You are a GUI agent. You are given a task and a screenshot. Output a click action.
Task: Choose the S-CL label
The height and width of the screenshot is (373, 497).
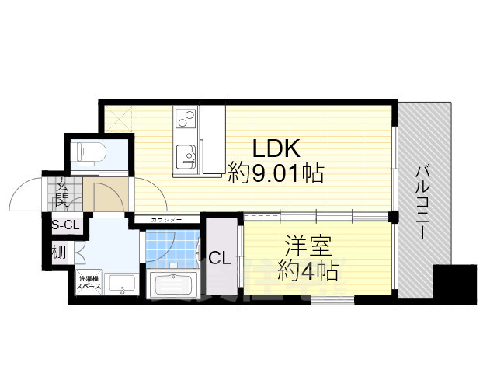coord(64,225)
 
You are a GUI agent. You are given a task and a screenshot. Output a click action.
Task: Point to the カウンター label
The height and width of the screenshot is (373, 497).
coord(165,221)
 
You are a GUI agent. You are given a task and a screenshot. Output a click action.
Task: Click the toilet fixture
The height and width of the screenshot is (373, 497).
coord(87,152)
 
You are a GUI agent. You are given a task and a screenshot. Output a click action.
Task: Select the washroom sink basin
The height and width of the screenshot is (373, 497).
coord(120,286)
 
